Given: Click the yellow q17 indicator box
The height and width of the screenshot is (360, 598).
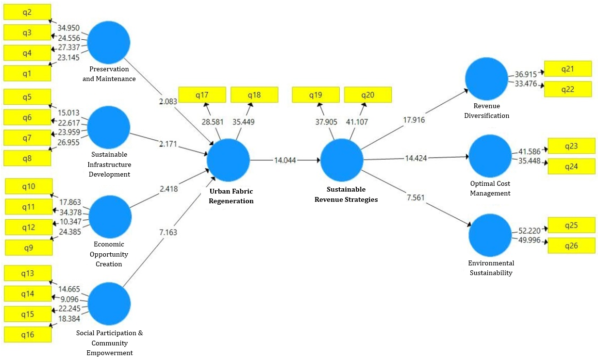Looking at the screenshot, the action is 202,95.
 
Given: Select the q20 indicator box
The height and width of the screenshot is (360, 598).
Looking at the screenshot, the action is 368,95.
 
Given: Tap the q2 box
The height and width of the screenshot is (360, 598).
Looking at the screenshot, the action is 27,12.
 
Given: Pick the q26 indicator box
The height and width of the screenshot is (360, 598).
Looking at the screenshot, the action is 572,245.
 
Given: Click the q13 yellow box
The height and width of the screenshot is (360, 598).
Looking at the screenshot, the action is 28,273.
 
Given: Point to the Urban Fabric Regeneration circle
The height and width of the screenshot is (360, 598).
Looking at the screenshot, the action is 228,160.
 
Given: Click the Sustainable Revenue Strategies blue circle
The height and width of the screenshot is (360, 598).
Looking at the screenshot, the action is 342,160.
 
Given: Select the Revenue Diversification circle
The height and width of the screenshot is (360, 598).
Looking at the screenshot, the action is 486,79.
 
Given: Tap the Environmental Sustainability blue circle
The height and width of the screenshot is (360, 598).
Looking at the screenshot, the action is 490,235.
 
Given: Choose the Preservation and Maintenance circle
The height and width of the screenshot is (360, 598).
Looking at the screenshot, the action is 109,42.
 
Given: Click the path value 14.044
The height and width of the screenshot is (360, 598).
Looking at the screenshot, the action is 285,161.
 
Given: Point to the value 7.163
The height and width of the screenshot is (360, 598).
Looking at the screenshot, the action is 168,232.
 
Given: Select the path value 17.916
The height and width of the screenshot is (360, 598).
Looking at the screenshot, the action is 414,120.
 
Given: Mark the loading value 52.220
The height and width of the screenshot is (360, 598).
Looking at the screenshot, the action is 530,230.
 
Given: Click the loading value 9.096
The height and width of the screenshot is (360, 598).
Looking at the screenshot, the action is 69,299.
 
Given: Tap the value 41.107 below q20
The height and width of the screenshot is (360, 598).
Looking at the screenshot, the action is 357,122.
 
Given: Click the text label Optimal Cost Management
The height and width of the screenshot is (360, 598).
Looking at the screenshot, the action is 490,188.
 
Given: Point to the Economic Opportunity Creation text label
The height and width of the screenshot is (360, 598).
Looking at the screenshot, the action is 109,254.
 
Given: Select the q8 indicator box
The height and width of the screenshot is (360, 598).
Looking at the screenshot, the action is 27,158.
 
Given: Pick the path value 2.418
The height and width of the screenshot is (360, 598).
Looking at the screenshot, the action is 169,189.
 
